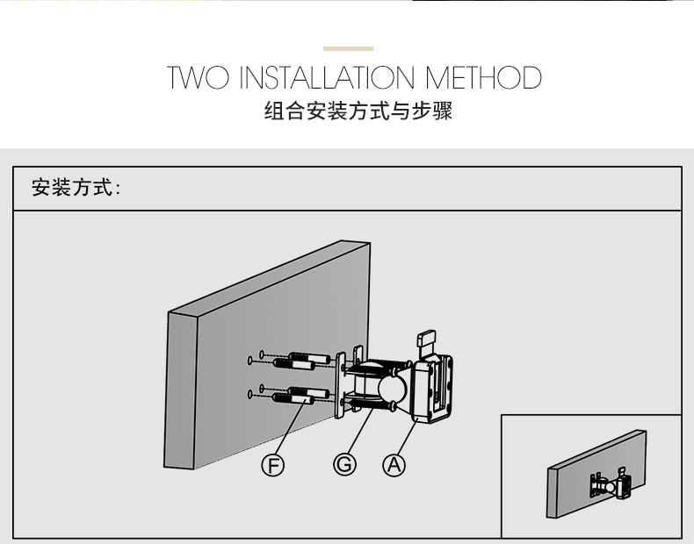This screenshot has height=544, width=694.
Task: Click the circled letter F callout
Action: click(274, 465)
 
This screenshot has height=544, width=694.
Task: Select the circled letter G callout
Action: click(344, 465)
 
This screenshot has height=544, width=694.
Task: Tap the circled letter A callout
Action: click(394, 465)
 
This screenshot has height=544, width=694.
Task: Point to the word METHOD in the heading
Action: click(483, 78)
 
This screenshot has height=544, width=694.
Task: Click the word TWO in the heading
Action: click(199, 78)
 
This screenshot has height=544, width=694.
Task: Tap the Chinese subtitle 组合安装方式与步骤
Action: click(358, 112)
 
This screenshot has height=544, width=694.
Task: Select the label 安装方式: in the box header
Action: click(76, 188)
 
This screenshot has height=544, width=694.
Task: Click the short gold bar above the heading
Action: click(348, 49)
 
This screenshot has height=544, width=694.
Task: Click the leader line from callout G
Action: click(360, 430)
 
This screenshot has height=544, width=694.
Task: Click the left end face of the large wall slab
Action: click(182, 390)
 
